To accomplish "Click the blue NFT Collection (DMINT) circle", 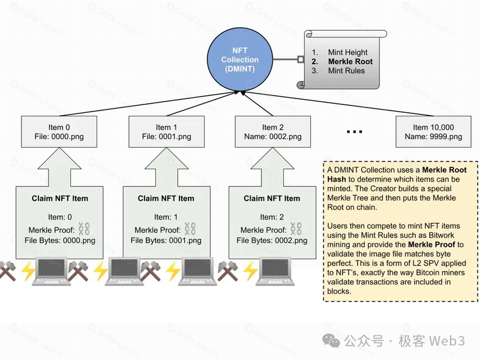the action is (239, 59).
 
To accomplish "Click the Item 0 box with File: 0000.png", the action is (59, 131).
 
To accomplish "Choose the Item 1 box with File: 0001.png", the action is (167, 131).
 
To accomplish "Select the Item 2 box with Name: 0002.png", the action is (273, 131).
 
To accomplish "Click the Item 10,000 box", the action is (433, 131).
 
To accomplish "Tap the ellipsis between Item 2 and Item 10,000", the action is (354, 132).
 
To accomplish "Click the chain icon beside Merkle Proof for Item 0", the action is (84, 229).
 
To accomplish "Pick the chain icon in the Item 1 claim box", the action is (190, 229).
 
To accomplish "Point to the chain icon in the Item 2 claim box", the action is (296, 229).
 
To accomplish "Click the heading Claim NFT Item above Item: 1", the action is (166, 199).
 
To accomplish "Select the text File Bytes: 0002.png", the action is (272, 241).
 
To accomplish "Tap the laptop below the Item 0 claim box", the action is (51, 272).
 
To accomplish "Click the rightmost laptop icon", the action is (275, 272).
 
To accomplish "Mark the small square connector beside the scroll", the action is (301, 59).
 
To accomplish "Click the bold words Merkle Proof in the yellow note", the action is (431, 245).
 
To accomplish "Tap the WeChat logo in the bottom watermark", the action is (331, 341).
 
